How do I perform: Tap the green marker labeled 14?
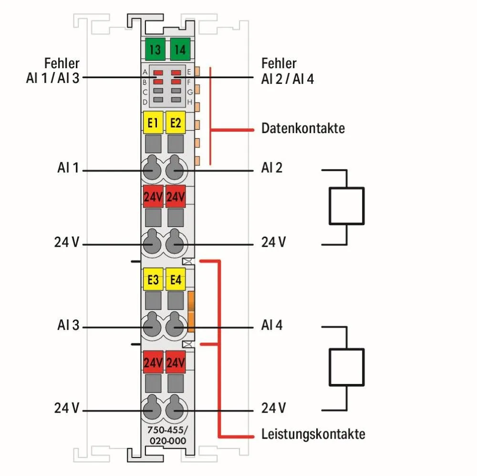(x=180, y=49)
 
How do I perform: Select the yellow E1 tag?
(x=153, y=123)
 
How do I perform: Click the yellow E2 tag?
(x=176, y=123)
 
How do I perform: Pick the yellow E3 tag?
(x=153, y=279)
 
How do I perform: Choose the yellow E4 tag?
(x=176, y=279)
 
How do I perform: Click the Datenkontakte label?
(x=303, y=128)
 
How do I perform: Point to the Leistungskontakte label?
(x=313, y=434)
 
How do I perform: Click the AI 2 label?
(x=272, y=167)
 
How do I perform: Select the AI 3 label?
(x=68, y=326)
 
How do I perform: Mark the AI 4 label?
(x=272, y=325)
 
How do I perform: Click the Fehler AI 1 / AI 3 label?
(x=52, y=71)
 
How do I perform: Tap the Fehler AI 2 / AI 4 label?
(x=287, y=71)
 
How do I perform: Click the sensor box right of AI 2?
(x=346, y=206)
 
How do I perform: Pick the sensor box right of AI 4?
(x=346, y=366)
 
